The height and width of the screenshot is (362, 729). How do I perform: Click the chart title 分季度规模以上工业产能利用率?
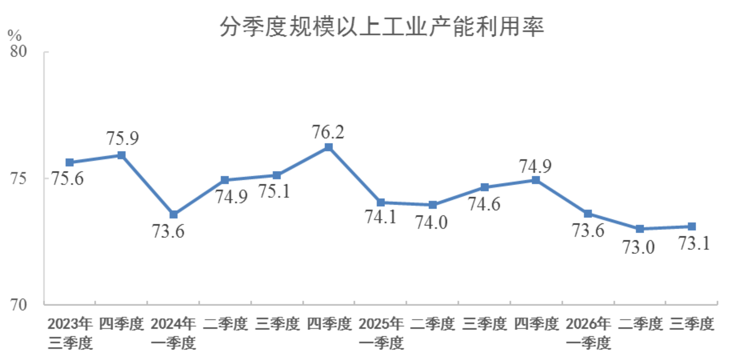(382, 27)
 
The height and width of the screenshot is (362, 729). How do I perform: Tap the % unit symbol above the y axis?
(14, 36)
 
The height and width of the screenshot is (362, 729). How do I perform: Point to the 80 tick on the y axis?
(18, 51)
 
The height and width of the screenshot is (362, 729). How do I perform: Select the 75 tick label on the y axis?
(18, 178)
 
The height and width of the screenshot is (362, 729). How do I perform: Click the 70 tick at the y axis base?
(18, 305)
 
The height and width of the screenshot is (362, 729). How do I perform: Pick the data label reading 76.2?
(328, 132)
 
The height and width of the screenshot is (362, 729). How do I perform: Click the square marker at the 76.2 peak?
(328, 147)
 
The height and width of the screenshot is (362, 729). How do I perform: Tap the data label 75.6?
(67, 178)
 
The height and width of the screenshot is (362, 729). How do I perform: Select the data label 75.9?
(122, 138)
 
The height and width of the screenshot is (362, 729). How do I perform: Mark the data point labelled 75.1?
(277, 175)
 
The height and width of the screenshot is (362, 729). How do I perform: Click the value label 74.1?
(381, 217)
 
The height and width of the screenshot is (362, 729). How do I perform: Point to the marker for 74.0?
(432, 205)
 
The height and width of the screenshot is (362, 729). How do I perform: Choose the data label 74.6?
(484, 204)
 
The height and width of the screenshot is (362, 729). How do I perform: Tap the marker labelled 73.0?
(640, 229)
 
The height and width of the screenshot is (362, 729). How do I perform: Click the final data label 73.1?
(694, 243)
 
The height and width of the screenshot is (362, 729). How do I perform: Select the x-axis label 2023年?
(70, 324)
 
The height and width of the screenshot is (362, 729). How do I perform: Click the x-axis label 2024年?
(173, 324)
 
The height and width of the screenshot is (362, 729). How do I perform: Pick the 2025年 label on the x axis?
(381, 324)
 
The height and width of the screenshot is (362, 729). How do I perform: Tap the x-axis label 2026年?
(588, 324)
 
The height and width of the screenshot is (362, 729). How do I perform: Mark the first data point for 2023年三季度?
(70, 162)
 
